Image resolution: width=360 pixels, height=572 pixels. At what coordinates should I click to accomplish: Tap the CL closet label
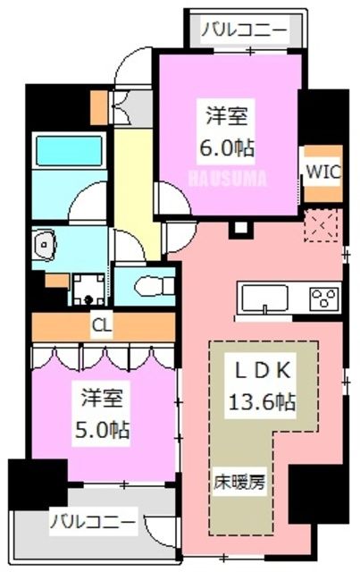(x=102, y=326)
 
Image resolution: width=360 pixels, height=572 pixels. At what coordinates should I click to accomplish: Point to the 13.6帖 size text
(x=264, y=402)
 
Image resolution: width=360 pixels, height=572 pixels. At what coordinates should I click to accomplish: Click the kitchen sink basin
(x=261, y=297)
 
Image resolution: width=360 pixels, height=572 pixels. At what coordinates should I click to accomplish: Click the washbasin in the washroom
(x=45, y=242)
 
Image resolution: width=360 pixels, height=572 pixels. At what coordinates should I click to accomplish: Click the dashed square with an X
(x=321, y=226)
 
